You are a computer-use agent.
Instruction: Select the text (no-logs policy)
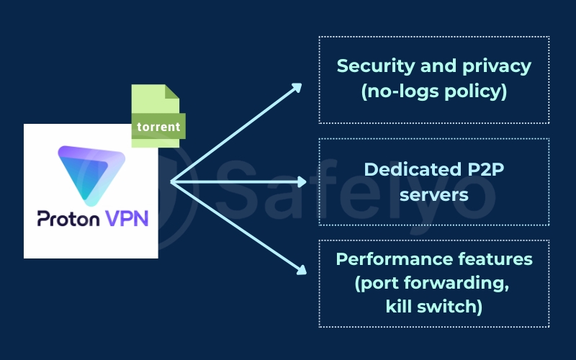pyautogui.click(x=434, y=92)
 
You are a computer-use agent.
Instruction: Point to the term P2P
pyautogui.click(x=490, y=169)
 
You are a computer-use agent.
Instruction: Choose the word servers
pyautogui.click(x=434, y=194)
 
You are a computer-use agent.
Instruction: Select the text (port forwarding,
pyautogui.click(x=434, y=283)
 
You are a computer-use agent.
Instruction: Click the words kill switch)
pyautogui.click(x=434, y=307)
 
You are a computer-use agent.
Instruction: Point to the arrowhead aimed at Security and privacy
pyautogui.click(x=297, y=86)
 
